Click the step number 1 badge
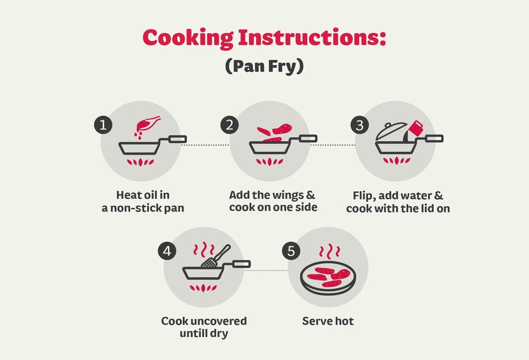coord(103,125)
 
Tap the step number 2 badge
coord(230,125)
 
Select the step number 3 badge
coord(360,125)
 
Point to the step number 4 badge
coord(167,251)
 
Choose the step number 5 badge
coord(291,251)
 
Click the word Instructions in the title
coord(312,38)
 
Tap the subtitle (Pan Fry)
coord(264,66)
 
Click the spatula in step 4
coord(216,257)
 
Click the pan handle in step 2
coord(308,139)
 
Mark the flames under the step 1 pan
coord(140,162)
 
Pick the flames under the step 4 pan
coord(203,288)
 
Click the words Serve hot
coord(328,321)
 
